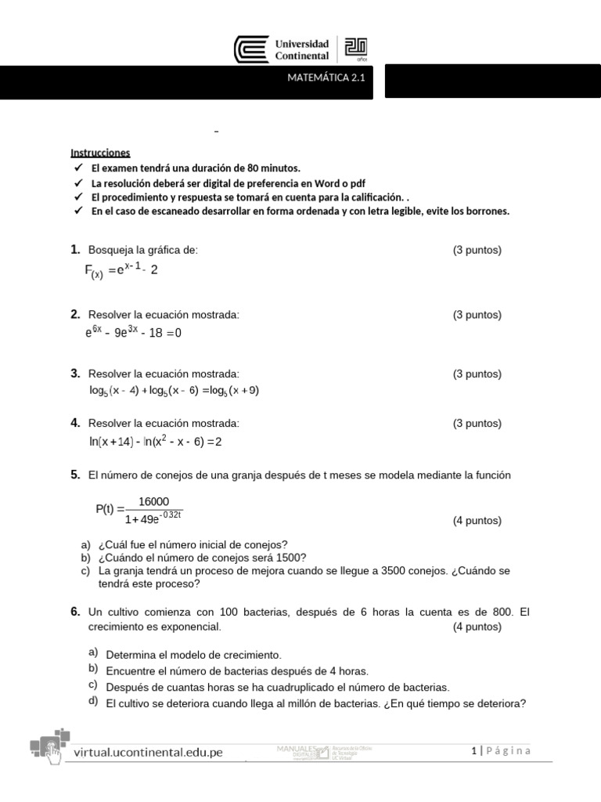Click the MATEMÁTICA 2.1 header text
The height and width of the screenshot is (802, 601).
coord(326,78)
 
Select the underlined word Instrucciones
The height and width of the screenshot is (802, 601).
coord(100,153)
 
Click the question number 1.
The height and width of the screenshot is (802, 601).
coord(75,250)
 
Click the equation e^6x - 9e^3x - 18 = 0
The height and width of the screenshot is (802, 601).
coord(133,332)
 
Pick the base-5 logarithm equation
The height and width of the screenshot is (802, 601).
coord(174,390)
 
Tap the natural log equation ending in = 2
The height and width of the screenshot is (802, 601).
coord(156,442)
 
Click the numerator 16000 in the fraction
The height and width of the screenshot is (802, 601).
coord(153,501)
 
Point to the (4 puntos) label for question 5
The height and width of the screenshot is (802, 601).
coord(477,521)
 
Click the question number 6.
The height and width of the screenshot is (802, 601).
coord(75,611)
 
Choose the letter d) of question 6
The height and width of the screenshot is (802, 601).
coord(93,700)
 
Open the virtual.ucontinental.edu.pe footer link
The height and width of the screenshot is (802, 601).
coord(148,753)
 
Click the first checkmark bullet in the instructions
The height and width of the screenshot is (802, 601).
coord(77,168)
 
